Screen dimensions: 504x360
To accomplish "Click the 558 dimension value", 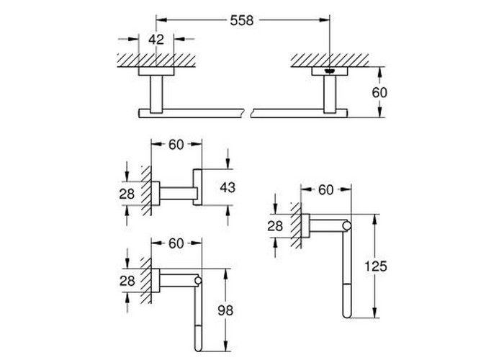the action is [242, 21].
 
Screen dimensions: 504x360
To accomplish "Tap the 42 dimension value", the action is [156, 40].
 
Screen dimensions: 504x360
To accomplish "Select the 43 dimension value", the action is [228, 187].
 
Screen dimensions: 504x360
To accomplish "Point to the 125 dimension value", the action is [375, 266].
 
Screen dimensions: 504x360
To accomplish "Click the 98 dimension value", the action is [225, 310].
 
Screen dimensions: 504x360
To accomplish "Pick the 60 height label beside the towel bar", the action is [379, 93].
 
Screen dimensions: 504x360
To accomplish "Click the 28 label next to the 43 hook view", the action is [127, 194].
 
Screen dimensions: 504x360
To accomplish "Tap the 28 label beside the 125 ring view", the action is [275, 226].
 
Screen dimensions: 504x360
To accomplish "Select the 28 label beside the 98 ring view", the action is [127, 282].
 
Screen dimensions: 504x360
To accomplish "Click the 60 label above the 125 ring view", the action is [326, 190].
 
